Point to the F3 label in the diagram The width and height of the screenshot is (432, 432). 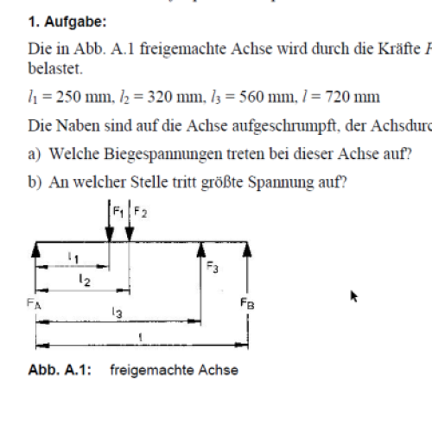pos(211,269)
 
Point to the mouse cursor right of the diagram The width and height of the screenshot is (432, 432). pos(353,296)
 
